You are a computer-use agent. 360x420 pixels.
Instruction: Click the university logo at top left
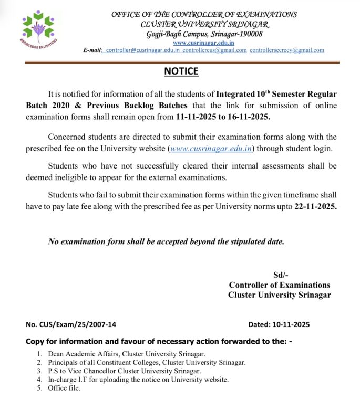(x=38, y=28)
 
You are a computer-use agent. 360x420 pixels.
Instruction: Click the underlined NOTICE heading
(x=181, y=71)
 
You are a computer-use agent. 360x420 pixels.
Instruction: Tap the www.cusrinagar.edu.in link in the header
(x=203, y=43)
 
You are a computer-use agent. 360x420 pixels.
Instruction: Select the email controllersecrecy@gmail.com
(x=287, y=50)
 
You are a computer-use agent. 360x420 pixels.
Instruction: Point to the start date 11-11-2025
(x=196, y=117)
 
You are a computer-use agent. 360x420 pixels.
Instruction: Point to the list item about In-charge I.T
(x=138, y=380)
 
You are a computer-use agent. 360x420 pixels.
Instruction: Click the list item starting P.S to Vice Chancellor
(x=132, y=371)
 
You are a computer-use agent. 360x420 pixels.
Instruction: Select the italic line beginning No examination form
(x=166, y=242)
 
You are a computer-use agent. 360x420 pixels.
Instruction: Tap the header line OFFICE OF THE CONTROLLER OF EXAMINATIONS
(x=204, y=15)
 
